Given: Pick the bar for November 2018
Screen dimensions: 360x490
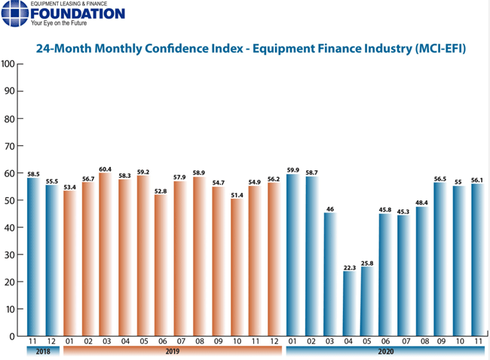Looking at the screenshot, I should pyautogui.click(x=32, y=256).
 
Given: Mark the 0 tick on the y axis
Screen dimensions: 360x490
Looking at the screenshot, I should pyautogui.click(x=11, y=336).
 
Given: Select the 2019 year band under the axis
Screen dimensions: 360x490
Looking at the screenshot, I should pyautogui.click(x=172, y=352).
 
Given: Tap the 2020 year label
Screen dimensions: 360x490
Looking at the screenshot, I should pyautogui.click(x=385, y=352).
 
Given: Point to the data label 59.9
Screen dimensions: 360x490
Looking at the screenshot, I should pyautogui.click(x=294, y=169).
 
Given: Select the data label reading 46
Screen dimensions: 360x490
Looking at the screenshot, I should pyautogui.click(x=330, y=208).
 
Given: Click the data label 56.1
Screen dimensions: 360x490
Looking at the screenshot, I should pyautogui.click(x=478, y=179).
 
